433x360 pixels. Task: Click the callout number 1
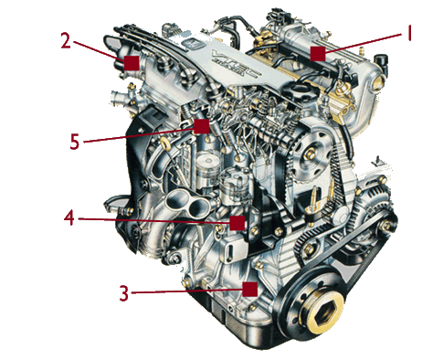point(409,34)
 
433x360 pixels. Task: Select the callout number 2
point(66,41)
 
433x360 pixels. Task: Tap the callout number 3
point(123,293)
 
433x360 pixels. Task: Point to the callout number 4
point(69,217)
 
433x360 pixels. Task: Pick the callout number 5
point(74,142)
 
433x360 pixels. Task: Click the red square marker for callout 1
point(318,54)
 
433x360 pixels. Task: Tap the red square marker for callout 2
point(132,63)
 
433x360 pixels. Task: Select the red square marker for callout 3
point(250,289)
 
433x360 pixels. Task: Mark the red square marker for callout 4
point(238,223)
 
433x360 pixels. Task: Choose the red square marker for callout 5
point(202,126)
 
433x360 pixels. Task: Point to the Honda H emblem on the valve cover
point(192,45)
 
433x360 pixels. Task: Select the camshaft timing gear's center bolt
point(311,154)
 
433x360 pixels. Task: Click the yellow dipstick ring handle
point(165,143)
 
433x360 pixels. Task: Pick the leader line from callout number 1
point(364,44)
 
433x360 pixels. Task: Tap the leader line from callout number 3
point(187,291)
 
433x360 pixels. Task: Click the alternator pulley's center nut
point(386,226)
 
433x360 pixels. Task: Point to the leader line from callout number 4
point(154,221)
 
